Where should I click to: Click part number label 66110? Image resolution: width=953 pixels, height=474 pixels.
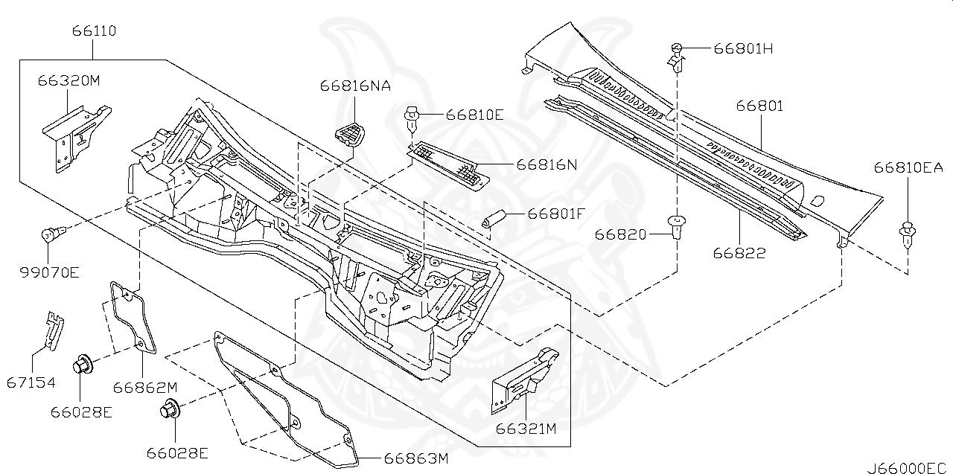(x=94, y=31)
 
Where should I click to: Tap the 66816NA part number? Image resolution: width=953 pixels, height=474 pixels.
(x=355, y=86)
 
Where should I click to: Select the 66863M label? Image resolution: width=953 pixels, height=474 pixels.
(x=415, y=458)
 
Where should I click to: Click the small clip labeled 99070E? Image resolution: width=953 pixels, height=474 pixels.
(x=51, y=236)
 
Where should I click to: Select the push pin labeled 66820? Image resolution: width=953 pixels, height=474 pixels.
(x=677, y=226)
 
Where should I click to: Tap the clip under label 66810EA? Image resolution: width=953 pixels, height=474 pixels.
(x=908, y=234)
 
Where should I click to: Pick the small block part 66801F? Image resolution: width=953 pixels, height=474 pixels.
(x=494, y=218)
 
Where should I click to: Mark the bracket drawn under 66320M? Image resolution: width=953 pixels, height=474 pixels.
(x=74, y=134)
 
